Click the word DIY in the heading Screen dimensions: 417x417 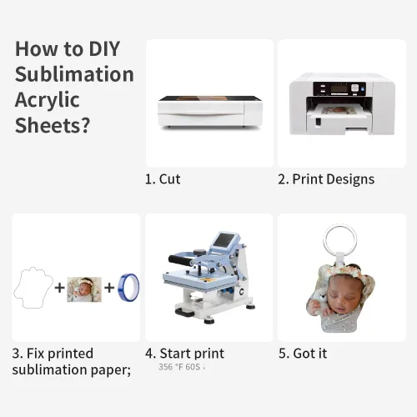pyautogui.click(x=104, y=49)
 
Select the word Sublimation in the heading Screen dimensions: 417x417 pyautogui.click(x=74, y=74)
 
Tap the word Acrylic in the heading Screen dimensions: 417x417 pyautogui.click(x=48, y=101)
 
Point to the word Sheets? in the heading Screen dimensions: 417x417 pyautogui.click(x=53, y=125)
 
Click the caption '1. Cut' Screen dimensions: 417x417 pyautogui.click(x=163, y=179)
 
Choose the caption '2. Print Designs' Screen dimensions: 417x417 pyautogui.click(x=326, y=179)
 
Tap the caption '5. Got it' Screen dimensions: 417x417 pyautogui.click(x=303, y=354)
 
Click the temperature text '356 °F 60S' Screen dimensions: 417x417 pyautogui.click(x=179, y=367)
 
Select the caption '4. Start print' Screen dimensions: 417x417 pyautogui.click(x=184, y=354)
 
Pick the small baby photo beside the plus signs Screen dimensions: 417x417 pyautogui.click(x=84, y=289)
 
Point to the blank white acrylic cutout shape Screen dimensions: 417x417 pyautogui.click(x=33, y=288)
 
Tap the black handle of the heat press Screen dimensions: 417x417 pyautogui.click(x=180, y=260)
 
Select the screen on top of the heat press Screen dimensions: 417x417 pyautogui.click(x=224, y=239)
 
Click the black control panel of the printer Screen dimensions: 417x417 pyautogui.click(x=339, y=88)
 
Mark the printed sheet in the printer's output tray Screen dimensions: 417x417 pyautogui.click(x=339, y=110)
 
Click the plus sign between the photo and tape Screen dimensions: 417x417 pyautogui.click(x=109, y=288)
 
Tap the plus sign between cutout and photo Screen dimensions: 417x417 pyautogui.click(x=60, y=288)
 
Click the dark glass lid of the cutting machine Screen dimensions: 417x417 pyautogui.click(x=210, y=98)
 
